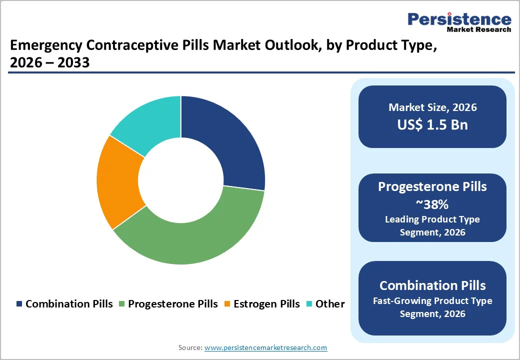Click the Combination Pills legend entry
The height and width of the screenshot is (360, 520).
click(x=65, y=304)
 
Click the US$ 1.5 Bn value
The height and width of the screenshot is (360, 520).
click(x=432, y=124)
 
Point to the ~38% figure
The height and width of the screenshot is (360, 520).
click(x=432, y=204)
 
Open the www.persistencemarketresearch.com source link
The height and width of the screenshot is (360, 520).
click(x=265, y=347)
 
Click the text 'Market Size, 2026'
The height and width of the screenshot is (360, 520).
click(x=432, y=107)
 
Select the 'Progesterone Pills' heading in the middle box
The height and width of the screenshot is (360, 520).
click(x=432, y=186)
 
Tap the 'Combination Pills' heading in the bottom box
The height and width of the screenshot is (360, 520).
click(x=432, y=285)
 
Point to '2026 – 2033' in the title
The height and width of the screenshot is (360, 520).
click(x=49, y=63)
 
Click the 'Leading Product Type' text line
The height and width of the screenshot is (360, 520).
click(x=432, y=219)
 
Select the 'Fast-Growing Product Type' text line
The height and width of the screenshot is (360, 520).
click(x=432, y=301)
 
